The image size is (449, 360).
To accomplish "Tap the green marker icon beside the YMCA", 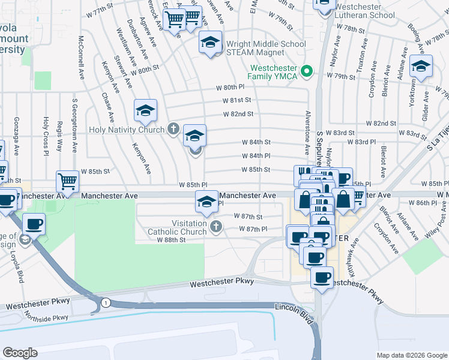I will pyautogui.click(x=307, y=71).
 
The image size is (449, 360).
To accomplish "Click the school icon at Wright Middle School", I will pyautogui.click(x=210, y=43).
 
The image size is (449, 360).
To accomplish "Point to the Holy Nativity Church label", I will pyautogui.click(x=127, y=130).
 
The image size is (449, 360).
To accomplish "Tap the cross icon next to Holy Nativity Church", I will pyautogui.click(x=173, y=128).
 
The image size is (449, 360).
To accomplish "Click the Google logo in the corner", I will pyautogui.click(x=20, y=352).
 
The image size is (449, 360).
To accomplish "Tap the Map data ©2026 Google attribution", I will pyautogui.click(x=412, y=355).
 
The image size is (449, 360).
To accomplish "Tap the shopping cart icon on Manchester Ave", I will pyautogui.click(x=67, y=181).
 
